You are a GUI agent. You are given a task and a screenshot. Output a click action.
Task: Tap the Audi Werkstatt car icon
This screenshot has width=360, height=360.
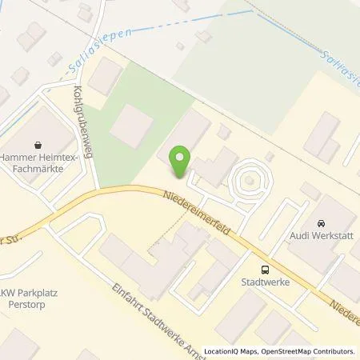click(x=321, y=223)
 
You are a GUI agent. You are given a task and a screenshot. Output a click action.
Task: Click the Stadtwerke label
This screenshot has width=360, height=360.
click(x=265, y=282)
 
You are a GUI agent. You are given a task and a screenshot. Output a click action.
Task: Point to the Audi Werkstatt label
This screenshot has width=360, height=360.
click(x=321, y=237)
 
